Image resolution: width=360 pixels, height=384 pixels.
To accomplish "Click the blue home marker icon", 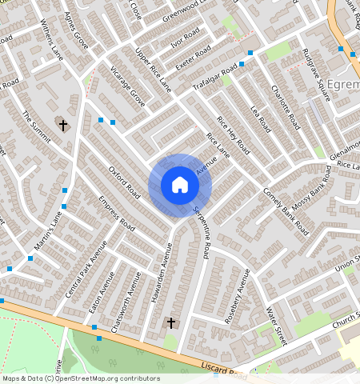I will pos(180,185).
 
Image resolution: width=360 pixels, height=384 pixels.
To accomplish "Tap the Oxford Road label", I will pos(124,184).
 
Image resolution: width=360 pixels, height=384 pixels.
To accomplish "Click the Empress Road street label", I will pos(116,215).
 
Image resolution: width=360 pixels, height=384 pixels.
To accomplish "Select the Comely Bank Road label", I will pos(286,210).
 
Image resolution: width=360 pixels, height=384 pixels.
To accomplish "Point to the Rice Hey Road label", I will pos(234,135).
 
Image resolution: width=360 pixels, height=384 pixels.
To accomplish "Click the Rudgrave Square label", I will pos(316,74).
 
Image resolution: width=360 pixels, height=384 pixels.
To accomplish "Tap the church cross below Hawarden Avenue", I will pos(170,323).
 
